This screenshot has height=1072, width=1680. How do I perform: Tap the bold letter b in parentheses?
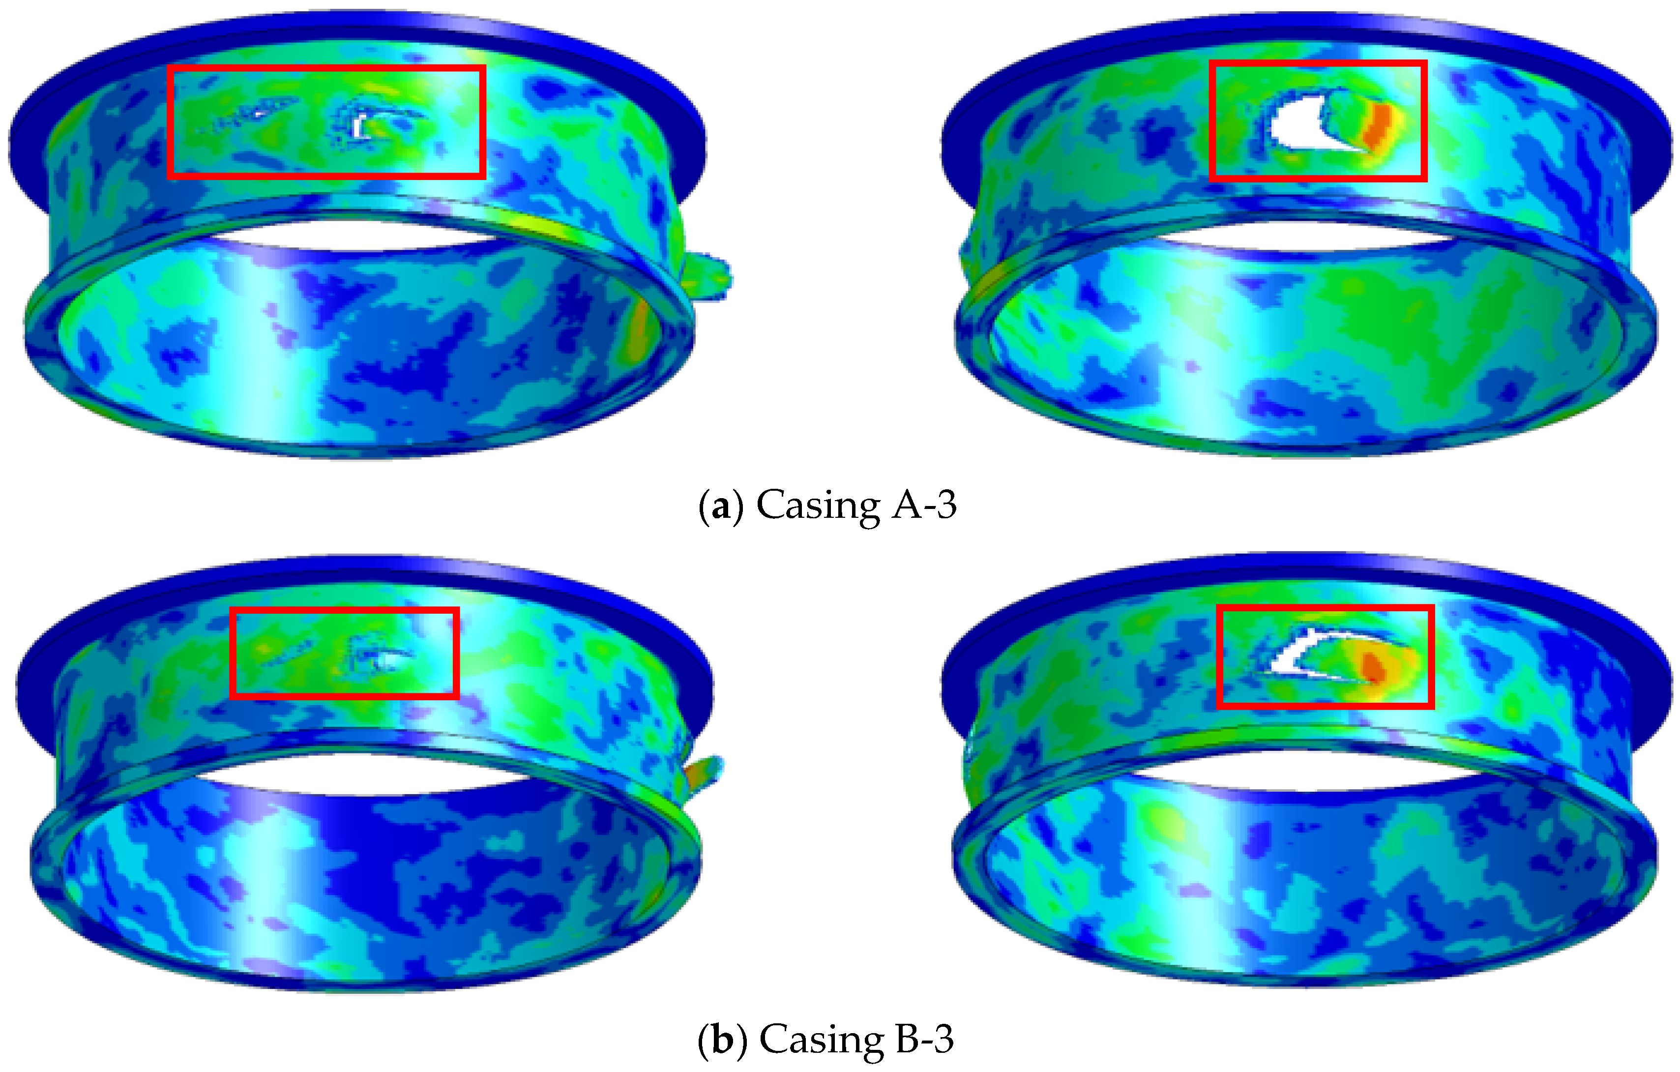(x=723, y=1040)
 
